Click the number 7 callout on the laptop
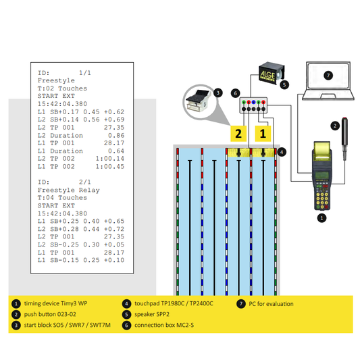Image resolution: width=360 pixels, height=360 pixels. (x=328, y=75)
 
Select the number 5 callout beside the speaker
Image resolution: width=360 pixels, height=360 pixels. (x=284, y=86)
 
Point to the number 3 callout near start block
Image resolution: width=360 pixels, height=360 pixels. (x=218, y=93)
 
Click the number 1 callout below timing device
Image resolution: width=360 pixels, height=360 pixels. (x=322, y=218)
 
